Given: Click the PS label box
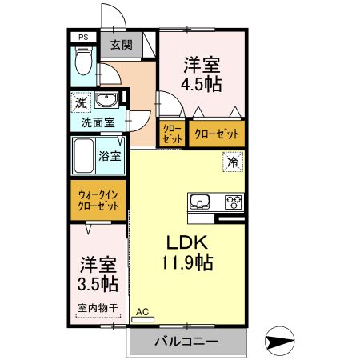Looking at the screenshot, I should click(x=82, y=37).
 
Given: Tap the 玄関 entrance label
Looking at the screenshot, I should click(x=122, y=45).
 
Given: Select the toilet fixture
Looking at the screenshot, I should click(x=82, y=65).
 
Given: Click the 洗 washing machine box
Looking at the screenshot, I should click(x=80, y=102).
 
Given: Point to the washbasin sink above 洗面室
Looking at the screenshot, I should click(x=107, y=101).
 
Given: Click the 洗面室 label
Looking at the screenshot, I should click(x=98, y=123).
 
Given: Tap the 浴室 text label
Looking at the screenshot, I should click(x=110, y=155).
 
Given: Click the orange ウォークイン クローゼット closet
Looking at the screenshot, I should click(x=98, y=198).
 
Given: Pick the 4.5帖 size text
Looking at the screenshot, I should click(x=202, y=82).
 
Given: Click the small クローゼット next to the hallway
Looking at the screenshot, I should click(x=171, y=134).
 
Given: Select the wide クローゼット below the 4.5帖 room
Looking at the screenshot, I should click(x=215, y=134).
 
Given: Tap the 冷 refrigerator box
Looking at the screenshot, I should click(x=233, y=162).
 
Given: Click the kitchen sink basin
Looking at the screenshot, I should click(x=200, y=201).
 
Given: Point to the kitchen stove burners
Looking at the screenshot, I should click(x=234, y=201).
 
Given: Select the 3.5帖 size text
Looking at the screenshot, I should click(x=98, y=284).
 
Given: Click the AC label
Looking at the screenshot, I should click(x=142, y=312).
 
